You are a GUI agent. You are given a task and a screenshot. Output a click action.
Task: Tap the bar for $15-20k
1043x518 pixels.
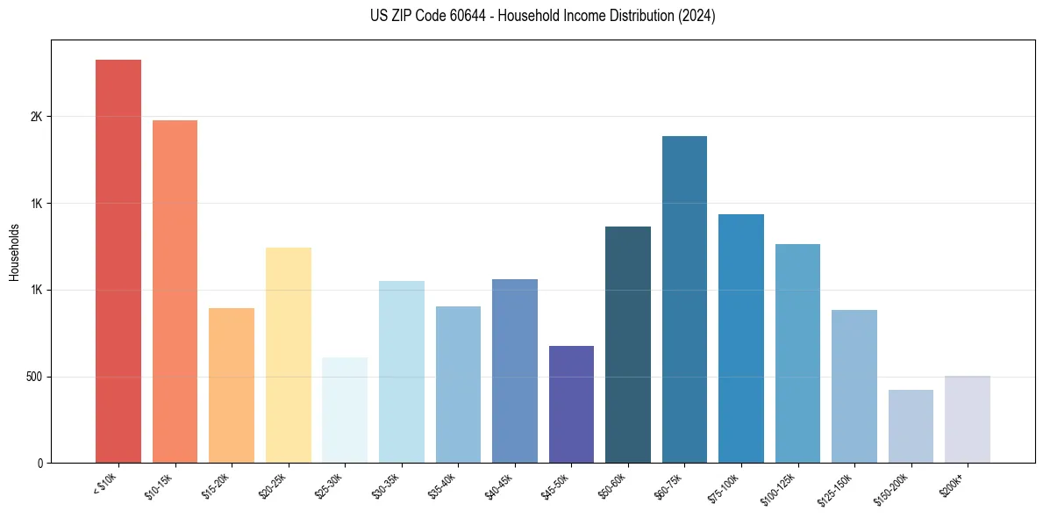coord(232,385)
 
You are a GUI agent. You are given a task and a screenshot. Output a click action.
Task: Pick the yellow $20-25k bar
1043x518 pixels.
coord(288,355)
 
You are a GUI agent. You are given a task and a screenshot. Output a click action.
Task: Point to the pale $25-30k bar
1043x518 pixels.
coord(345,410)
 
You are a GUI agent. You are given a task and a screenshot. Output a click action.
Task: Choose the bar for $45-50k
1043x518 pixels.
coord(571,404)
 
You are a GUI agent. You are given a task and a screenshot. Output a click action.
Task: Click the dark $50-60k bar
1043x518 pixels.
coord(628,344)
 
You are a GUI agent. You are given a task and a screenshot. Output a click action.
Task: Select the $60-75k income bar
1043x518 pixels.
coord(684,299)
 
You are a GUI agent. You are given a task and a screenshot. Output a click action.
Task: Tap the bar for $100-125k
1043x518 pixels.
coord(797,353)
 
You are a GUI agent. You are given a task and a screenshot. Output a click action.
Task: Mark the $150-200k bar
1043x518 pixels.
coord(911,426)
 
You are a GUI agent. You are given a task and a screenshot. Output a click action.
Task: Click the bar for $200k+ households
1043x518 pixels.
coord(968,419)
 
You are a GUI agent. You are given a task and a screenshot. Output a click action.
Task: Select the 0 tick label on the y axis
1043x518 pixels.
coord(40,463)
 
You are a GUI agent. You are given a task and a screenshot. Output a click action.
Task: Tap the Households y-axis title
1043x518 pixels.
coord(15,251)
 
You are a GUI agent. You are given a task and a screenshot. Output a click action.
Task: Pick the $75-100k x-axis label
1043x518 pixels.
coord(724,486)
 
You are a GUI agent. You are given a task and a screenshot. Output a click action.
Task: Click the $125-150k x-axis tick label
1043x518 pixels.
coord(835,487)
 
